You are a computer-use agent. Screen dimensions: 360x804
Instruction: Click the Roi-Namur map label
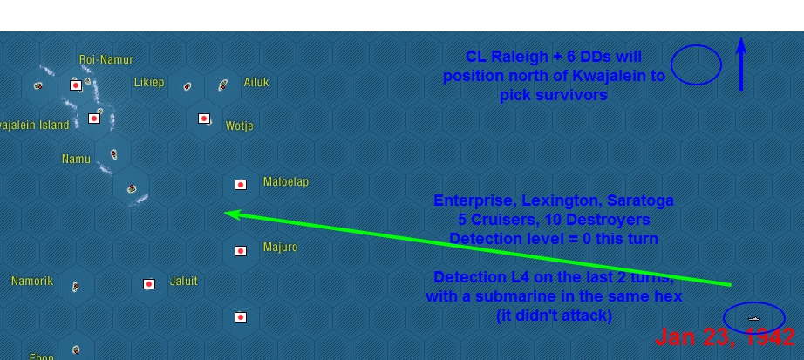[106, 60]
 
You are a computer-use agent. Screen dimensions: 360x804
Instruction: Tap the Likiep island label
[149, 83]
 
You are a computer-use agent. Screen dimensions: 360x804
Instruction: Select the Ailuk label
[256, 83]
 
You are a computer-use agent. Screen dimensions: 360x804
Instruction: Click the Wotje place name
[239, 126]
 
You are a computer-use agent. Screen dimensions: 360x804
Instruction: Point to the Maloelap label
[286, 182]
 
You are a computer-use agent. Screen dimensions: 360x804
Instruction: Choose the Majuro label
[280, 248]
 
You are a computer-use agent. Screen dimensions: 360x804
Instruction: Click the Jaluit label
[184, 282]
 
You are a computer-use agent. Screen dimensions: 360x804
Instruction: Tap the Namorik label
[32, 282]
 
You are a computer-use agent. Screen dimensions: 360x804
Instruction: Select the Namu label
[76, 160]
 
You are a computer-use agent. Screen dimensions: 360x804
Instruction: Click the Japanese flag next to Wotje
[204, 119]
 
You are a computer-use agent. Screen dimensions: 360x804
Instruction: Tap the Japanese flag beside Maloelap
[241, 185]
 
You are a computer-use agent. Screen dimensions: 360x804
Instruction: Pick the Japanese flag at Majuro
[241, 251]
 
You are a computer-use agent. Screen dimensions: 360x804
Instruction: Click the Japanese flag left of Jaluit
[149, 284]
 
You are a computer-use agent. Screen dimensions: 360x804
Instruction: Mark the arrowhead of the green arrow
[228, 213]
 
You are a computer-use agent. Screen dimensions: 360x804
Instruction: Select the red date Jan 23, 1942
[724, 337]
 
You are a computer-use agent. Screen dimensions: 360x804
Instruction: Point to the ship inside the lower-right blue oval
[754, 319]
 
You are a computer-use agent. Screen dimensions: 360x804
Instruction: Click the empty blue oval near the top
[696, 65]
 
